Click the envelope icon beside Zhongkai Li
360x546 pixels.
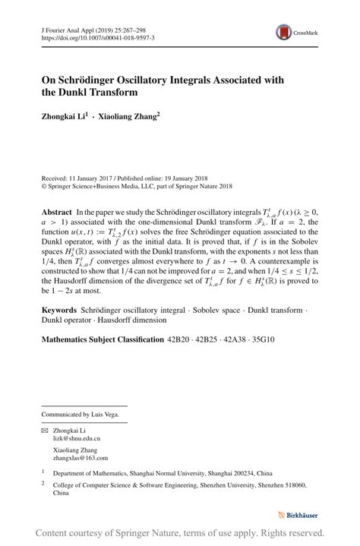[x=44, y=430]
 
